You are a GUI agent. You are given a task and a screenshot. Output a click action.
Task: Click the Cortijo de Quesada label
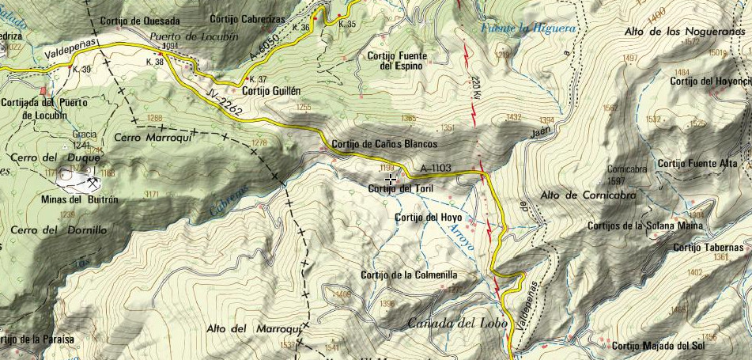141,21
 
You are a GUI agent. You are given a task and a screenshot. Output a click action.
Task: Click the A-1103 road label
436,168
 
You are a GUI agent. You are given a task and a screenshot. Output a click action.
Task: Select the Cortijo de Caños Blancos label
385,144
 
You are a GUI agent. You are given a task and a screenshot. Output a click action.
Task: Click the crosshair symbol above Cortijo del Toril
391,180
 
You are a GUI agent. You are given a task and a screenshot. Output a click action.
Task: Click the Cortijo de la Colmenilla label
408,275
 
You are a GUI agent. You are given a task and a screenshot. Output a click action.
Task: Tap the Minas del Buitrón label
78,200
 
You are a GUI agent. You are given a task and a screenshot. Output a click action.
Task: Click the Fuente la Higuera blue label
529,28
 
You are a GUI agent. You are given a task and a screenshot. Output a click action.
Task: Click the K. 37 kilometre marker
258,79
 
